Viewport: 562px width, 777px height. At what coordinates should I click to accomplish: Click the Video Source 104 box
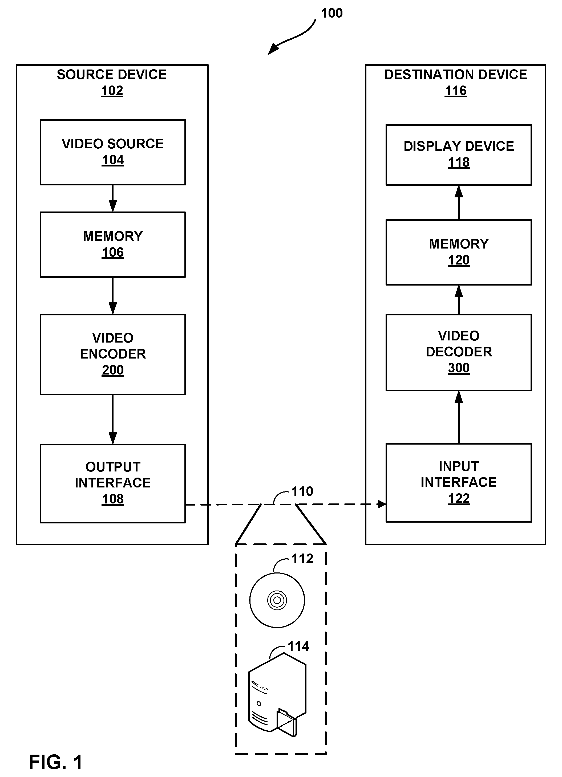(x=113, y=152)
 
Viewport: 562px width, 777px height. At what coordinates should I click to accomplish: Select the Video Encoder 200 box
(x=113, y=355)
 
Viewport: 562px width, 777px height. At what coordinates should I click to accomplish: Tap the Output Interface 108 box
(x=113, y=483)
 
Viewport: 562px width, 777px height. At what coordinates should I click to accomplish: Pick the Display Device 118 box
(x=459, y=155)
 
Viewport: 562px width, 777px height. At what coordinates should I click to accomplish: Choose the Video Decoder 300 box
(x=459, y=352)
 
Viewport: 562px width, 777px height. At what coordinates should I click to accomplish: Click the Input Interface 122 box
(x=459, y=483)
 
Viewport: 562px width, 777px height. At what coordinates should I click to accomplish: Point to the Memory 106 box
(x=113, y=245)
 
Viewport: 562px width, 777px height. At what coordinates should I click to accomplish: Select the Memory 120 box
(x=459, y=253)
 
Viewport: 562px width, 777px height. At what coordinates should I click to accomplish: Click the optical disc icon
(x=277, y=600)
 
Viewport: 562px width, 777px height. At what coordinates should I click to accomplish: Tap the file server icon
(x=277, y=695)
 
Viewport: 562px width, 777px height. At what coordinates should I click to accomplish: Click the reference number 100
(x=332, y=13)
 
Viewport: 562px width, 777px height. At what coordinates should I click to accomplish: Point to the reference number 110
(x=302, y=491)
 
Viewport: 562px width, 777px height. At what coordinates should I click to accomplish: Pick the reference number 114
(x=298, y=646)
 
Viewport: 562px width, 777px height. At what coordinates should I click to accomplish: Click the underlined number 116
(x=455, y=91)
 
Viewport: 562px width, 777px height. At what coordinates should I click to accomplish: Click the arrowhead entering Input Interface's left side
(x=381, y=504)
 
